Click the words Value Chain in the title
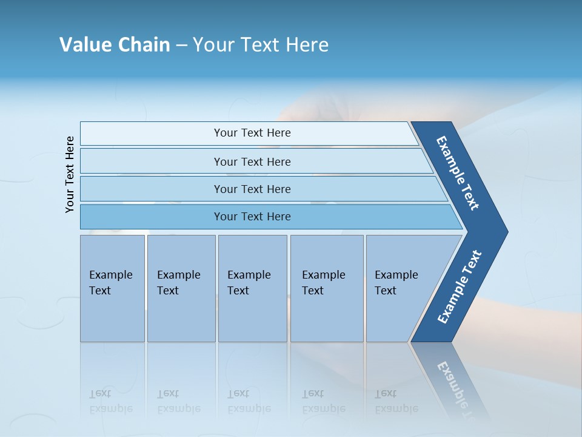pyautogui.click(x=115, y=45)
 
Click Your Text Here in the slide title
pyautogui.click(x=261, y=45)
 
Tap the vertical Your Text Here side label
pyautogui.click(x=70, y=174)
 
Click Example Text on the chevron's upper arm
pyautogui.click(x=458, y=173)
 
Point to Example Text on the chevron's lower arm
pyautogui.click(x=460, y=286)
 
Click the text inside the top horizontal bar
pyautogui.click(x=252, y=133)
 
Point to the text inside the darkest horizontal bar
pyautogui.click(x=252, y=217)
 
